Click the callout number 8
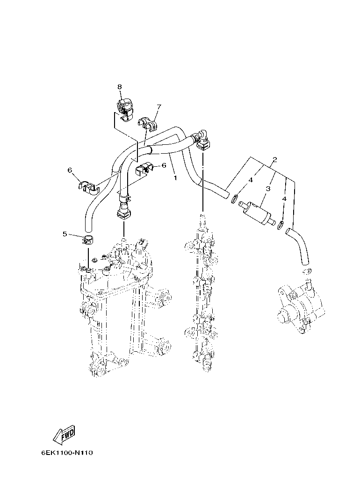point(119,87)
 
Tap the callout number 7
point(158,107)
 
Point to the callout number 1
point(175,177)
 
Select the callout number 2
point(275,160)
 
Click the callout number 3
point(268,189)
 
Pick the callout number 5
point(65,234)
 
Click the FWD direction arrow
point(64,435)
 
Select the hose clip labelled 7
point(149,122)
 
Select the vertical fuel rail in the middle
point(203,294)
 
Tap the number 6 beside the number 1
point(164,165)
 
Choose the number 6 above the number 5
point(71,170)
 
